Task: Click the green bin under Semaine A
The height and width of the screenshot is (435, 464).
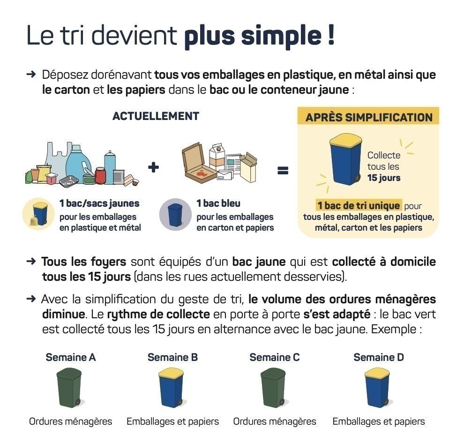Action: click(69, 388)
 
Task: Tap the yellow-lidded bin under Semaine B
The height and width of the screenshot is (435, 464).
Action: click(171, 388)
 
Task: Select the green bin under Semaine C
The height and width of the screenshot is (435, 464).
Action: click(273, 388)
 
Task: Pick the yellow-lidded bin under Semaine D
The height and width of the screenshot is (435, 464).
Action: click(377, 388)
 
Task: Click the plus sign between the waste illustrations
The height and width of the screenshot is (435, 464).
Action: click(153, 167)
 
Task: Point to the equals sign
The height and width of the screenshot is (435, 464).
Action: click(283, 171)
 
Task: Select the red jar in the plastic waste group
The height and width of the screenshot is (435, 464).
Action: click(100, 175)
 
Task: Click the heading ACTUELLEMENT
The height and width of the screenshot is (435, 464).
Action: click(156, 116)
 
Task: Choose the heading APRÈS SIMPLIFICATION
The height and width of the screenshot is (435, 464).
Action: click(369, 118)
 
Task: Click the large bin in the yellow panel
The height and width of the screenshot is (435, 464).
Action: click(345, 159)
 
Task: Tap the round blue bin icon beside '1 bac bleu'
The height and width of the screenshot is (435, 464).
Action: click(175, 215)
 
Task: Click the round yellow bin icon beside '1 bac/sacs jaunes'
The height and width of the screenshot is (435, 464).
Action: click(39, 214)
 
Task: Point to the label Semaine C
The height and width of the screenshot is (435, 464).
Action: click(275, 357)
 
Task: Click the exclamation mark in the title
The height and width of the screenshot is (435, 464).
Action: click(331, 35)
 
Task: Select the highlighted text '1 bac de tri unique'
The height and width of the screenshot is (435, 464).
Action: click(359, 205)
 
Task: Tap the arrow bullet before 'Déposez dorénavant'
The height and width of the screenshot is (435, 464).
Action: click(31, 74)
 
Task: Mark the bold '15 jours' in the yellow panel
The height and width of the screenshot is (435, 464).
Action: click(384, 178)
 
